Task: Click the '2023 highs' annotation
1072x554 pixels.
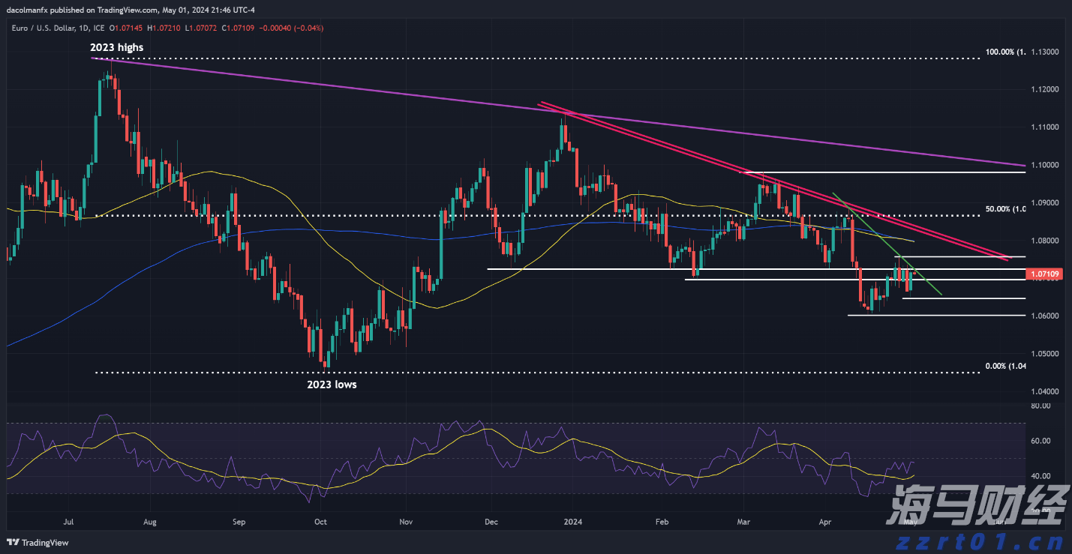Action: coord(116,47)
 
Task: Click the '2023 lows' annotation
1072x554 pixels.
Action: coord(332,385)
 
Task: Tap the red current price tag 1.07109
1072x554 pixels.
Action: coord(1043,275)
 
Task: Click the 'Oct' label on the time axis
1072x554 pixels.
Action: coord(320,521)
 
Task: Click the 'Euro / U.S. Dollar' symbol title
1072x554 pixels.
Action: coord(40,28)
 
